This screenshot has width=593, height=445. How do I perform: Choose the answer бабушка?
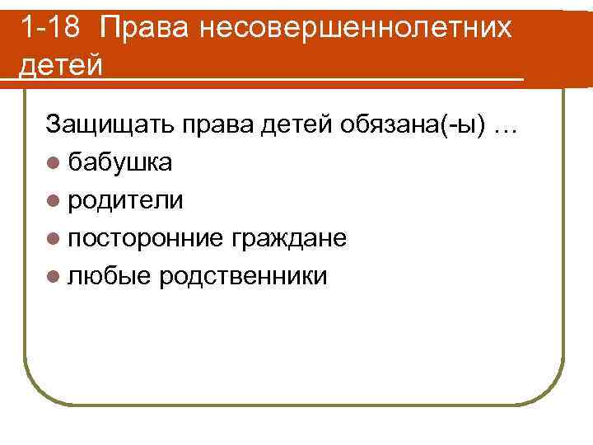click(120, 162)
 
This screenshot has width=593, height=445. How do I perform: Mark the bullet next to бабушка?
click(54, 163)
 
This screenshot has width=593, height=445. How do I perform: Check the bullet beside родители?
click(54, 201)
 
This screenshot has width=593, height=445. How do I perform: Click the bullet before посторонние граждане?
click(54, 239)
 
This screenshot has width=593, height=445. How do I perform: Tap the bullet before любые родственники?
click(54, 277)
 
